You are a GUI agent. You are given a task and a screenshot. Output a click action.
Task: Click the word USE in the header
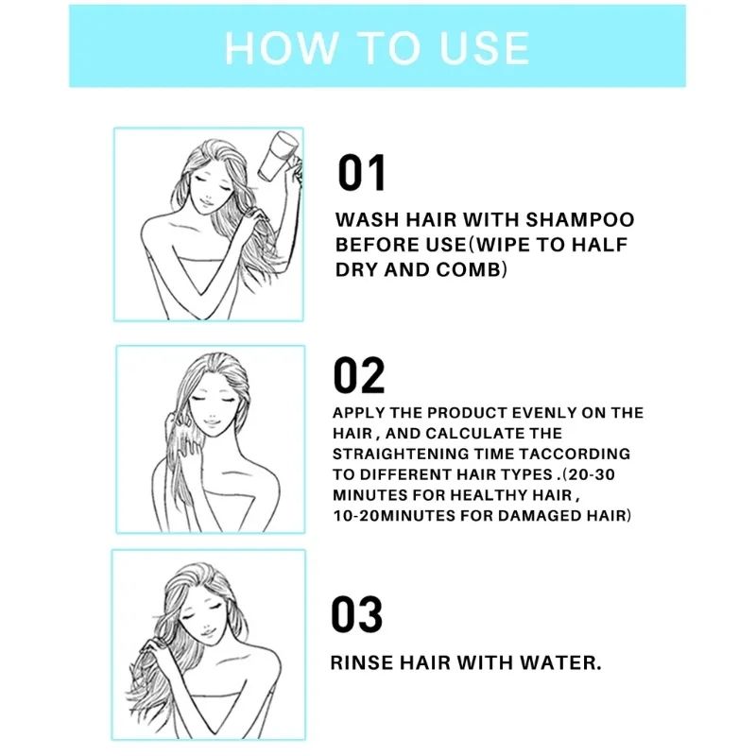click(x=485, y=47)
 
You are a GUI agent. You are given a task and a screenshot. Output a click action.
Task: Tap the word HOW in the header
click(x=281, y=47)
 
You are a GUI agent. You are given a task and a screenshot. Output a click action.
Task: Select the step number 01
click(x=362, y=173)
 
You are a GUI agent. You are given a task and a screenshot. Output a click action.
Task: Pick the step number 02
click(x=359, y=374)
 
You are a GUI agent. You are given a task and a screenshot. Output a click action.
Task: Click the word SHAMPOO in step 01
click(x=580, y=219)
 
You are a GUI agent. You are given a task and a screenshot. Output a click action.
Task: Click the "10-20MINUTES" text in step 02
click(x=394, y=515)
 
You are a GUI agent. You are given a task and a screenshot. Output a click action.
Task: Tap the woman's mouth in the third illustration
click(x=205, y=631)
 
